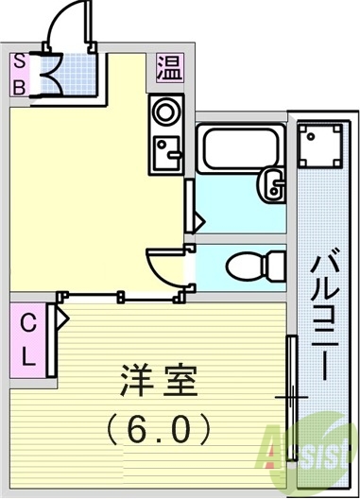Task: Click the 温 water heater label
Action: click(168, 69)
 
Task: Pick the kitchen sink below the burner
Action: click(166, 152)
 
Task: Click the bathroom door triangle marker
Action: click(198, 220)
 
